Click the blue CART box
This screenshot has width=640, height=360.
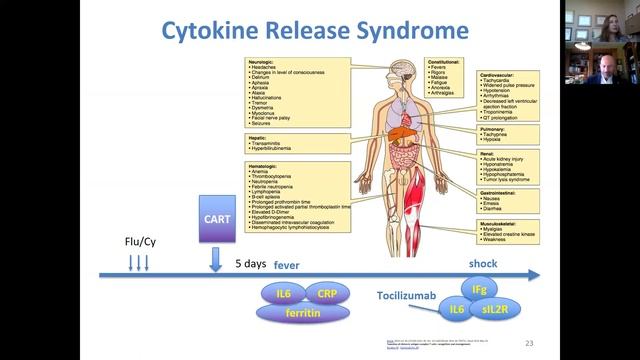[216, 219]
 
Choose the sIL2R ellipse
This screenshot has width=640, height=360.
[494, 312]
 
